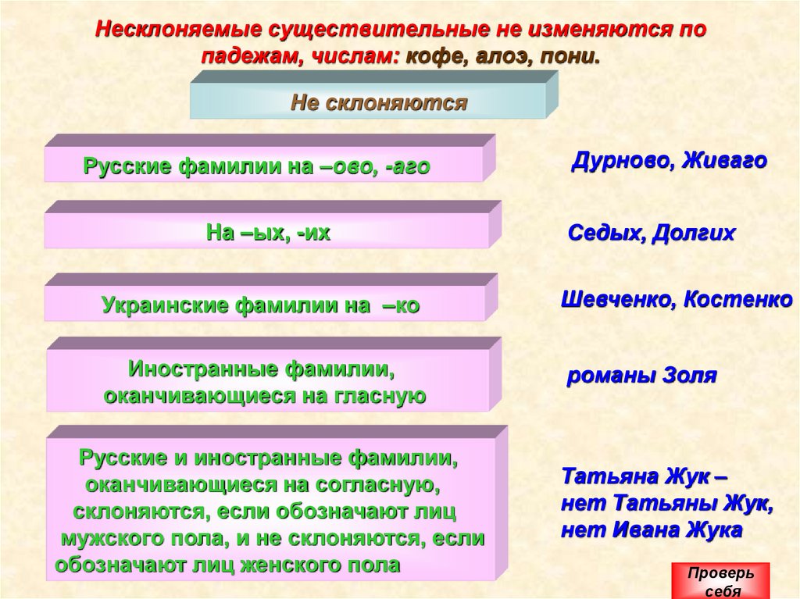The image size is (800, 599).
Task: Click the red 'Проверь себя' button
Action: [720, 581]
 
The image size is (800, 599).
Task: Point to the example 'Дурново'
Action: [621, 162]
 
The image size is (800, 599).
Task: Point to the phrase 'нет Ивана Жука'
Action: [652, 529]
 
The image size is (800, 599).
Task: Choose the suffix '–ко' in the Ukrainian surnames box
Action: [401, 306]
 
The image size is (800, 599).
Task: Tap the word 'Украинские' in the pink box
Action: [166, 306]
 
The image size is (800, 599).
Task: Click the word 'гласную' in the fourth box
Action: [379, 396]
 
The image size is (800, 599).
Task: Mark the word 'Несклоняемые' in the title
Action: [178, 30]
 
